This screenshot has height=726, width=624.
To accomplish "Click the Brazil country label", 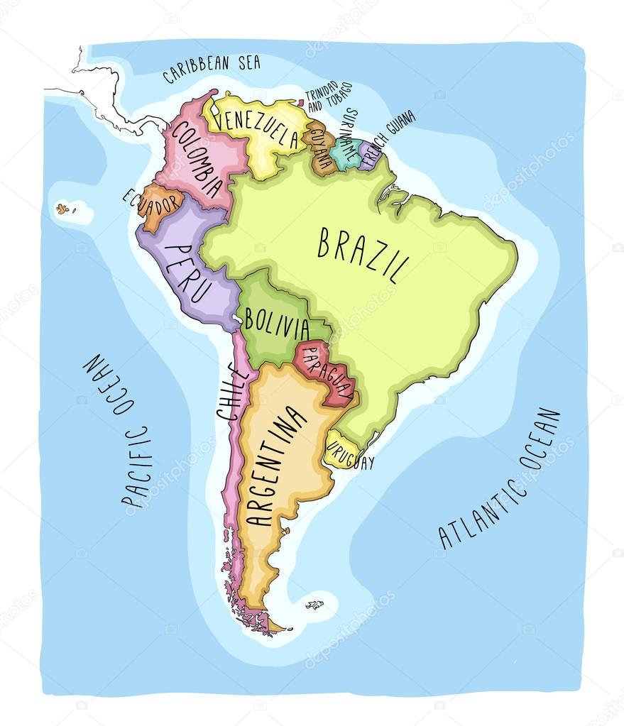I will click(363, 253).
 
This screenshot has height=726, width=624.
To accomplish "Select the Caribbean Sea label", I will click(211, 69).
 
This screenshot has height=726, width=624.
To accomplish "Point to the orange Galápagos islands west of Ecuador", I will click(64, 209).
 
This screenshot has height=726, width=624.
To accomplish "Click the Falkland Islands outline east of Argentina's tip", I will click(314, 605).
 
